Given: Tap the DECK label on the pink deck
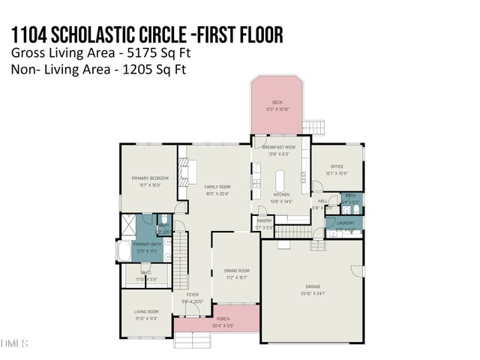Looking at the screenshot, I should point(277,103).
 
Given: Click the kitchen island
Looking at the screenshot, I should point(281,180).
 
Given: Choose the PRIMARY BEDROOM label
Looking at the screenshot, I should point(150,178).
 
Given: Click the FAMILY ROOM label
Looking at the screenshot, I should point(218,186).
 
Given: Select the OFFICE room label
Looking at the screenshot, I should point(336,166).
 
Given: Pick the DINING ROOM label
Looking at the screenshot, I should point(236,270).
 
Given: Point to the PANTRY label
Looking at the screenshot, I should point(264,220).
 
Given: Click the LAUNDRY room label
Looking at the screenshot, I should point(345,223).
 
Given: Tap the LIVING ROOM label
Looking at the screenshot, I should point(145,311).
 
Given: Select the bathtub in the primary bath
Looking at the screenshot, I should point(124,250).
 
